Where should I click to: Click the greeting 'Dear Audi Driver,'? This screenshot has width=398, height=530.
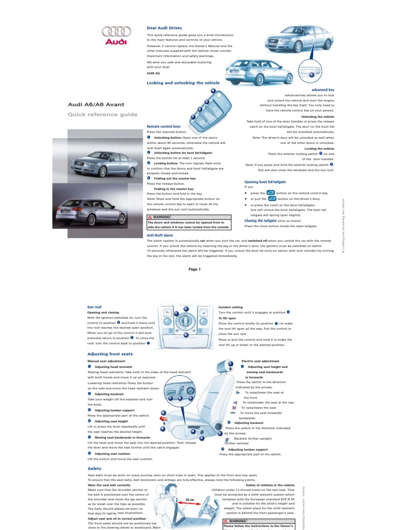(165, 27)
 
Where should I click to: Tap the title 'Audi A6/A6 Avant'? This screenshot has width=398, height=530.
(93, 104)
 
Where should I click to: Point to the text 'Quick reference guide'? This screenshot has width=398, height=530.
(103, 114)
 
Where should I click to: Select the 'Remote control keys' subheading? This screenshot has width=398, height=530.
(164, 126)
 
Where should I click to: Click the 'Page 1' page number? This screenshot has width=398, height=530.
(194, 269)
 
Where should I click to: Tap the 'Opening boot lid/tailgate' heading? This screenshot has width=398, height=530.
(265, 182)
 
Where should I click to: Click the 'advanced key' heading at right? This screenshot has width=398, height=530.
(322, 90)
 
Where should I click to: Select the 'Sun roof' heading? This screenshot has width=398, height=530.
(94, 307)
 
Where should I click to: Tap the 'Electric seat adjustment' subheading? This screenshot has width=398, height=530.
(260, 361)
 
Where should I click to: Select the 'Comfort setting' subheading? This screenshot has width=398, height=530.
(231, 307)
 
